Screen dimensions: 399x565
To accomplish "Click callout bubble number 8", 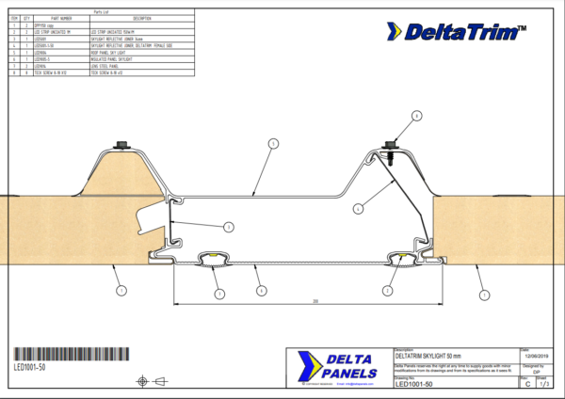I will (415, 117).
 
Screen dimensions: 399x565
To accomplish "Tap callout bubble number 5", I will (271, 144).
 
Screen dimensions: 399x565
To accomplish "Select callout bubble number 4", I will (358, 208).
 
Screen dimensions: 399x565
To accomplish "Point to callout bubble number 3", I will (228, 225).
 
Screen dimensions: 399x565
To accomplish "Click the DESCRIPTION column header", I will (143, 19).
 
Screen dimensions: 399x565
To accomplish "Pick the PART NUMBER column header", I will (59, 19).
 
